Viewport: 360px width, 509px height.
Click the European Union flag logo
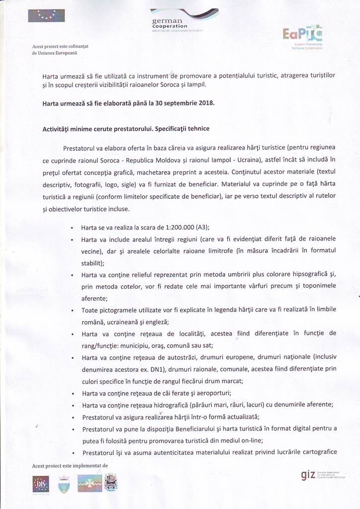point(46,15)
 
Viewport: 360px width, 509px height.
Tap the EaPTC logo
point(302,35)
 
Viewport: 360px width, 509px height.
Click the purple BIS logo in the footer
point(40,483)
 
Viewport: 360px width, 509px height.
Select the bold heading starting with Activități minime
point(126,129)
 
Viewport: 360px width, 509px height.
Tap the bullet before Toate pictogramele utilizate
point(72,310)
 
